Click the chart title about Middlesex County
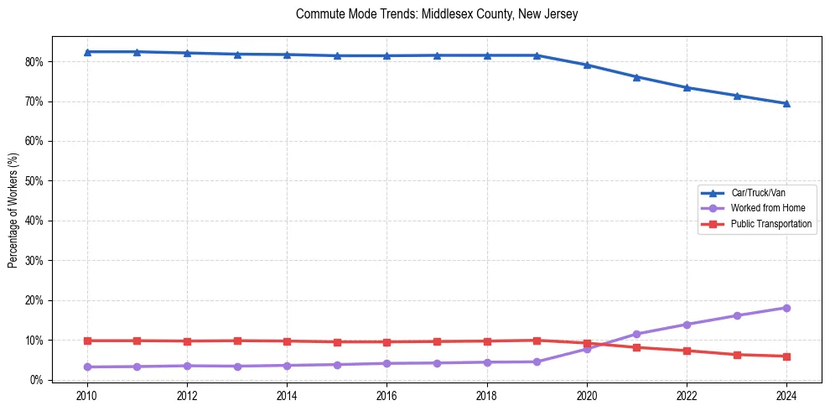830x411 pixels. [437, 14]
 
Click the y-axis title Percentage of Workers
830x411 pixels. [13, 210]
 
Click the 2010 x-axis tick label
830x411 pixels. [87, 396]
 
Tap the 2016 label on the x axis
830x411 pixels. [386, 396]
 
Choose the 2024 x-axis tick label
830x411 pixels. [786, 396]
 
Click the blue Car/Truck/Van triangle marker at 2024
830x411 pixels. [786, 104]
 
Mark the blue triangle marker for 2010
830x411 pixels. [87, 52]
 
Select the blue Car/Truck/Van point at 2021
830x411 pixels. [636, 77]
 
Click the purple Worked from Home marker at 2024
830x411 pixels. [786, 308]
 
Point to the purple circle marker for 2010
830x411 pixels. [87, 367]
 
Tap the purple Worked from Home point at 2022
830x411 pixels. [687, 325]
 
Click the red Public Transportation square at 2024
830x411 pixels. [786, 356]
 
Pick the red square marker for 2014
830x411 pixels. [287, 341]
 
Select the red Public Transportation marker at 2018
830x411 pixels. [487, 341]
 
